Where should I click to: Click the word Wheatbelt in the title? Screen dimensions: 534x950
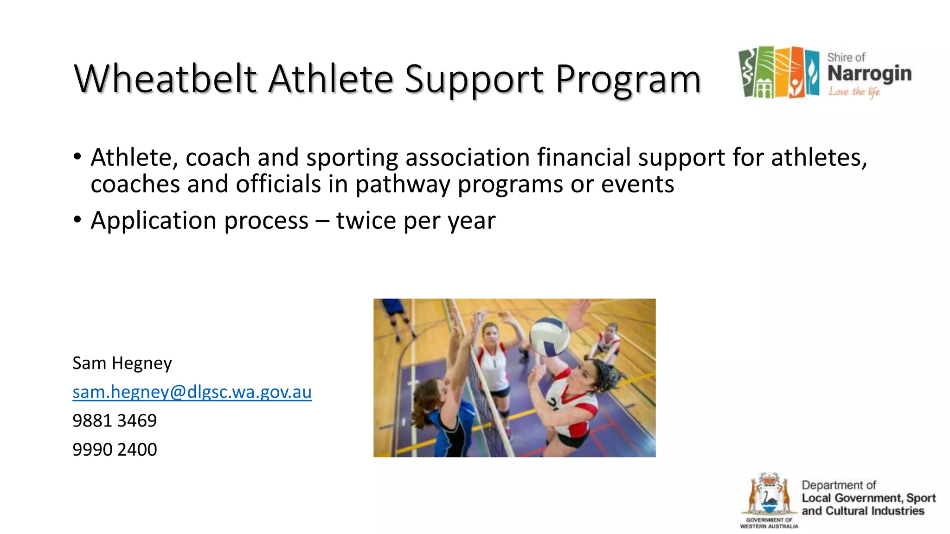165,79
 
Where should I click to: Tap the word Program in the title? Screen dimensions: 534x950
628,80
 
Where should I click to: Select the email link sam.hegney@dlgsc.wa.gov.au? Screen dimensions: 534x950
192,392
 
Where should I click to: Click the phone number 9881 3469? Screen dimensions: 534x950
115,421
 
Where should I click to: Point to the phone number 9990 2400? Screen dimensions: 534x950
115,450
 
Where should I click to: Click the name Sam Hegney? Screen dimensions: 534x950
122,363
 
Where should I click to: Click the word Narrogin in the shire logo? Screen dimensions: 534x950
869,74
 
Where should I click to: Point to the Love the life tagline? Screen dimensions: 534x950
854,92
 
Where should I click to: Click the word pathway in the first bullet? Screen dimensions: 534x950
403,184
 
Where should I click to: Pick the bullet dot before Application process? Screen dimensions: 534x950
77,219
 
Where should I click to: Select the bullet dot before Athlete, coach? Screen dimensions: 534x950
77,156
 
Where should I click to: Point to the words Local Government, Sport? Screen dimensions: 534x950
868,498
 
